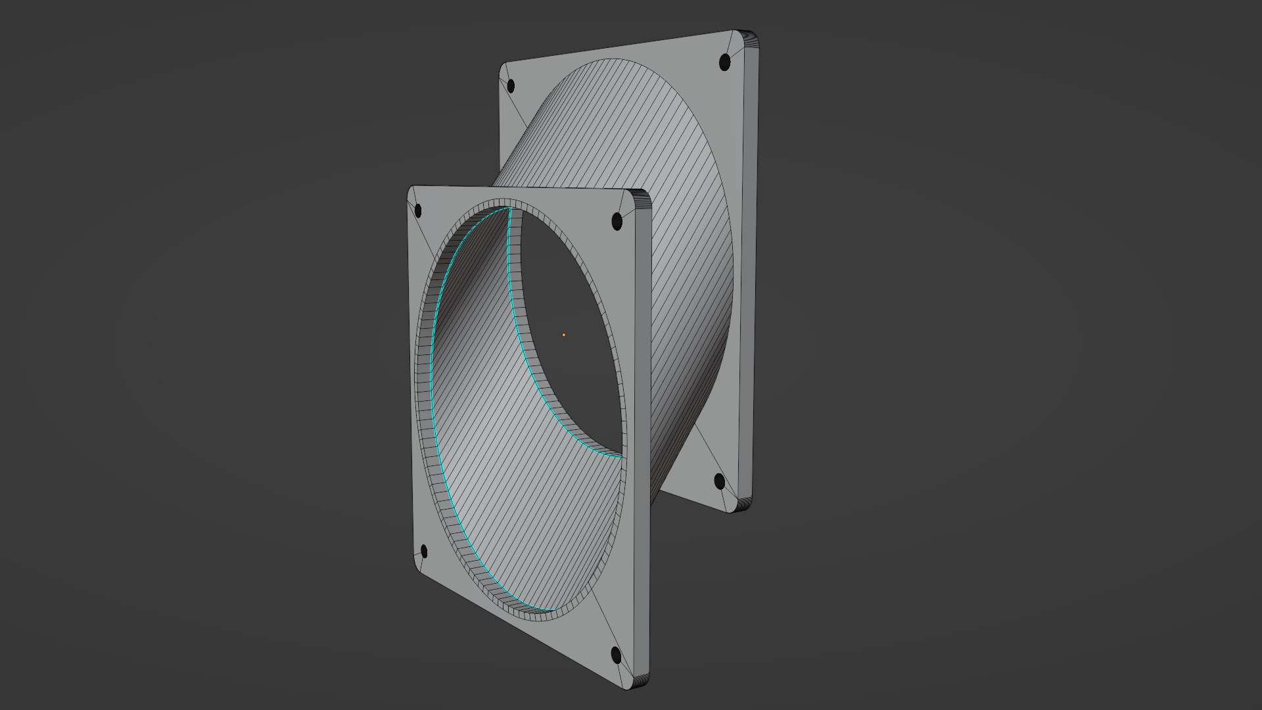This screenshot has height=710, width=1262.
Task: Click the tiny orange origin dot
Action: point(563,335)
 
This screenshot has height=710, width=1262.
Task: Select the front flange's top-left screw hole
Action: point(419,211)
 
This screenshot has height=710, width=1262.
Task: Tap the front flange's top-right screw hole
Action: point(617,221)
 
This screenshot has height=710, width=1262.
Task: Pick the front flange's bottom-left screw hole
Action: point(423,551)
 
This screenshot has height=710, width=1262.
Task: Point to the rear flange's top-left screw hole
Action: point(511,85)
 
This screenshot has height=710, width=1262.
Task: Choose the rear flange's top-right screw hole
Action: point(725,62)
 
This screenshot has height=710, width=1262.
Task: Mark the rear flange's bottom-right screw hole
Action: point(720,482)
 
